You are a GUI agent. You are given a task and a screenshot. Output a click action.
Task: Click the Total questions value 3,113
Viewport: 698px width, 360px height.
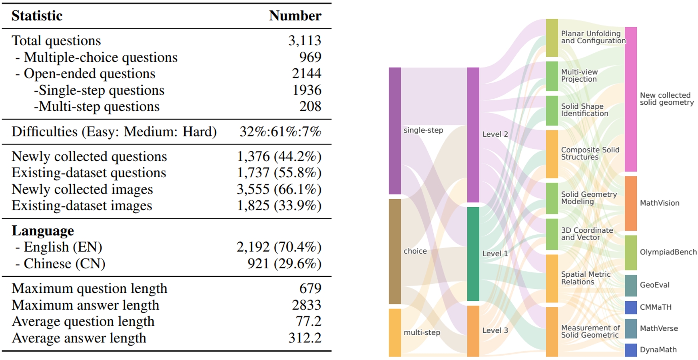click(x=305, y=40)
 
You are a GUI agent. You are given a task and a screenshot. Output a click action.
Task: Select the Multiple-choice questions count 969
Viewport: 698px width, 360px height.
click(x=310, y=57)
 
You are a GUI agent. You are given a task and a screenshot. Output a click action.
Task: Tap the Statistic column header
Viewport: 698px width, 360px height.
click(x=37, y=16)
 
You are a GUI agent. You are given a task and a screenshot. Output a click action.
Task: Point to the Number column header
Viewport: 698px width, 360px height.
click(x=295, y=16)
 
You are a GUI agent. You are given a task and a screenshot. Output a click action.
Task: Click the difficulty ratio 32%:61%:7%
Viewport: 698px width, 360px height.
click(x=280, y=132)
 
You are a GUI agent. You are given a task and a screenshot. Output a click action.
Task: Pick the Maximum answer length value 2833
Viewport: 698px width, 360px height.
click(x=306, y=305)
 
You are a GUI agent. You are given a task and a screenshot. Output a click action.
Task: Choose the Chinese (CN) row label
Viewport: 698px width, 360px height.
click(x=64, y=264)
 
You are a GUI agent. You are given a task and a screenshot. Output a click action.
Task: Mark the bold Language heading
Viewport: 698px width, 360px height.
click(x=43, y=230)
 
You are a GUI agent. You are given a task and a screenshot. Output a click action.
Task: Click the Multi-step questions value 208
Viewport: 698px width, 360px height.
click(x=310, y=106)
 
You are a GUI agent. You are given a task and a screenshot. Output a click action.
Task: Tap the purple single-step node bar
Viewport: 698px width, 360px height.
click(x=395, y=131)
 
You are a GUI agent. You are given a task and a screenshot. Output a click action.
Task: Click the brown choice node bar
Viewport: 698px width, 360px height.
click(x=395, y=251)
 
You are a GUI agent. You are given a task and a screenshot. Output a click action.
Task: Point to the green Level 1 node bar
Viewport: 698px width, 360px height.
click(x=473, y=254)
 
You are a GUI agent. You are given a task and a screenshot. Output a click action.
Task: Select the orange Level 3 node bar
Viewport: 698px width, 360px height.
click(x=473, y=331)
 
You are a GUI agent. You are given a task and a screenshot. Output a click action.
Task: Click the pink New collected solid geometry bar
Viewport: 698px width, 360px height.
click(x=630, y=99)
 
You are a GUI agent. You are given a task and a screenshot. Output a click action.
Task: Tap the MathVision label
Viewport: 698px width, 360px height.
click(x=659, y=203)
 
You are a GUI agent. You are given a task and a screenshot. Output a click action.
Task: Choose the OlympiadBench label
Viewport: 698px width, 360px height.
click(x=668, y=252)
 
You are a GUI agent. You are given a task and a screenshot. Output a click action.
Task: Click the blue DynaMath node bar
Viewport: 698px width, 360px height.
click(x=630, y=350)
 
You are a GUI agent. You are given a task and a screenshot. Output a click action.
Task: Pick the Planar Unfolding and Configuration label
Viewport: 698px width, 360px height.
click(x=593, y=37)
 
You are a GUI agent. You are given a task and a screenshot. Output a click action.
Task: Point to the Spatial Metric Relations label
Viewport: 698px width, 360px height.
click(x=585, y=278)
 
